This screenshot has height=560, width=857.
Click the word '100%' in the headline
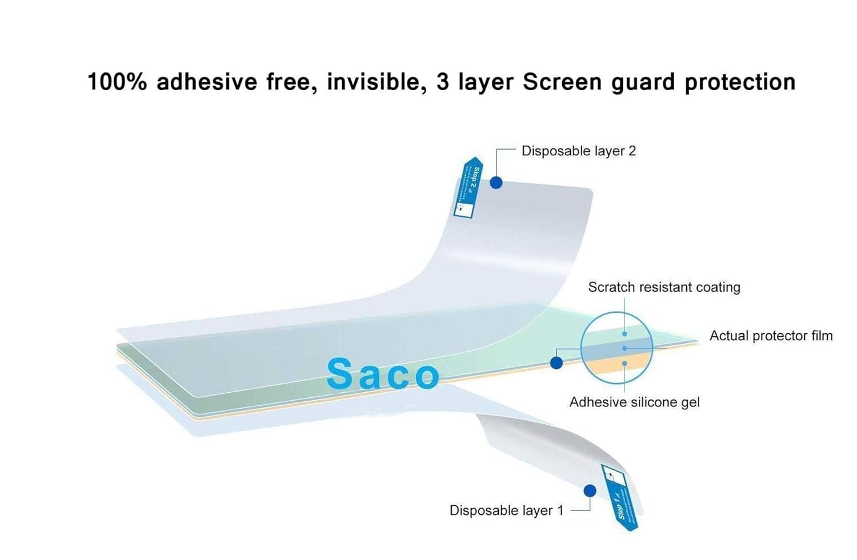(117, 82)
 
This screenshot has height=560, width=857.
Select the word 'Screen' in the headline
(562, 82)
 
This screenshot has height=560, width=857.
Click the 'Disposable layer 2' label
(578, 151)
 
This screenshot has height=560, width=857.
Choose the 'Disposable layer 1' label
(506, 510)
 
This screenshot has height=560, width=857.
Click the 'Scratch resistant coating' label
(664, 287)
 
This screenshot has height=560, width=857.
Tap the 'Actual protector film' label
(771, 336)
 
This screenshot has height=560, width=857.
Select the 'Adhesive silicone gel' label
(634, 402)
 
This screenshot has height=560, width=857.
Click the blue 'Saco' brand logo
(383, 374)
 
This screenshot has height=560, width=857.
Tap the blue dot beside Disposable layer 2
(496, 183)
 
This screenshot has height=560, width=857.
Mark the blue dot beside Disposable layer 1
(590, 491)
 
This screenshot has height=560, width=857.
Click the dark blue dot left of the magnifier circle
(556, 362)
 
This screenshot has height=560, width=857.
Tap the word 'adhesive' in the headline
(207, 82)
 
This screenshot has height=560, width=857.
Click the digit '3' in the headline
(443, 82)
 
